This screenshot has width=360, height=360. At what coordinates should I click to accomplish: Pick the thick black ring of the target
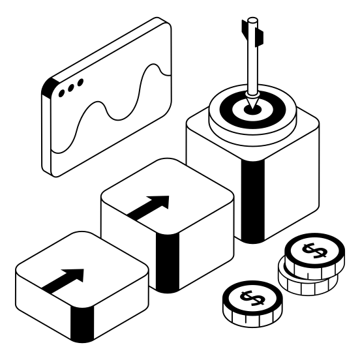click(x=232, y=108)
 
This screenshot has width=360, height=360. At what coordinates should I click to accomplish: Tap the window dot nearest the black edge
click(x=62, y=93)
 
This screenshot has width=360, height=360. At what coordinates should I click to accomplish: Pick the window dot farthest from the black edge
click(x=80, y=83)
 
